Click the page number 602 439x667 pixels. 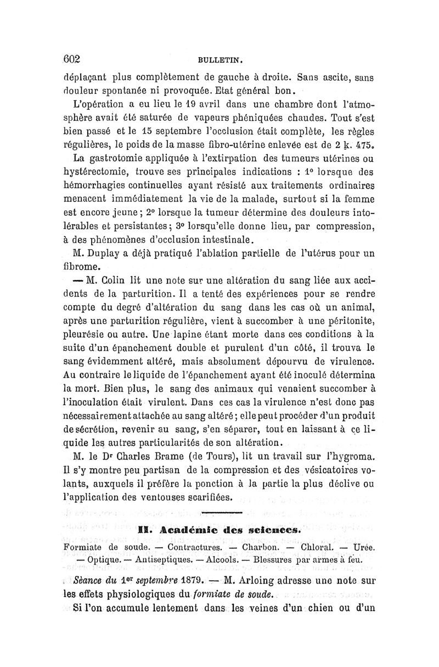coord(72,59)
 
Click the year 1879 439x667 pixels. coord(193,580)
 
